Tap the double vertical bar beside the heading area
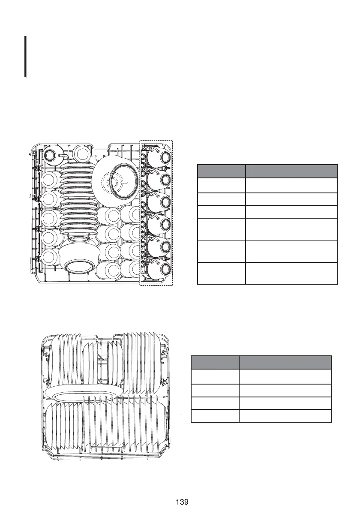26,57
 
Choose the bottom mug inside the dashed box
158,270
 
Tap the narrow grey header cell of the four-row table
215,362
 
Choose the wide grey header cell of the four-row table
285,362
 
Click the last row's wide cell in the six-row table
291,273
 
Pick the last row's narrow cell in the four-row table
215,416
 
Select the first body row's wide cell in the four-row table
285,376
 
